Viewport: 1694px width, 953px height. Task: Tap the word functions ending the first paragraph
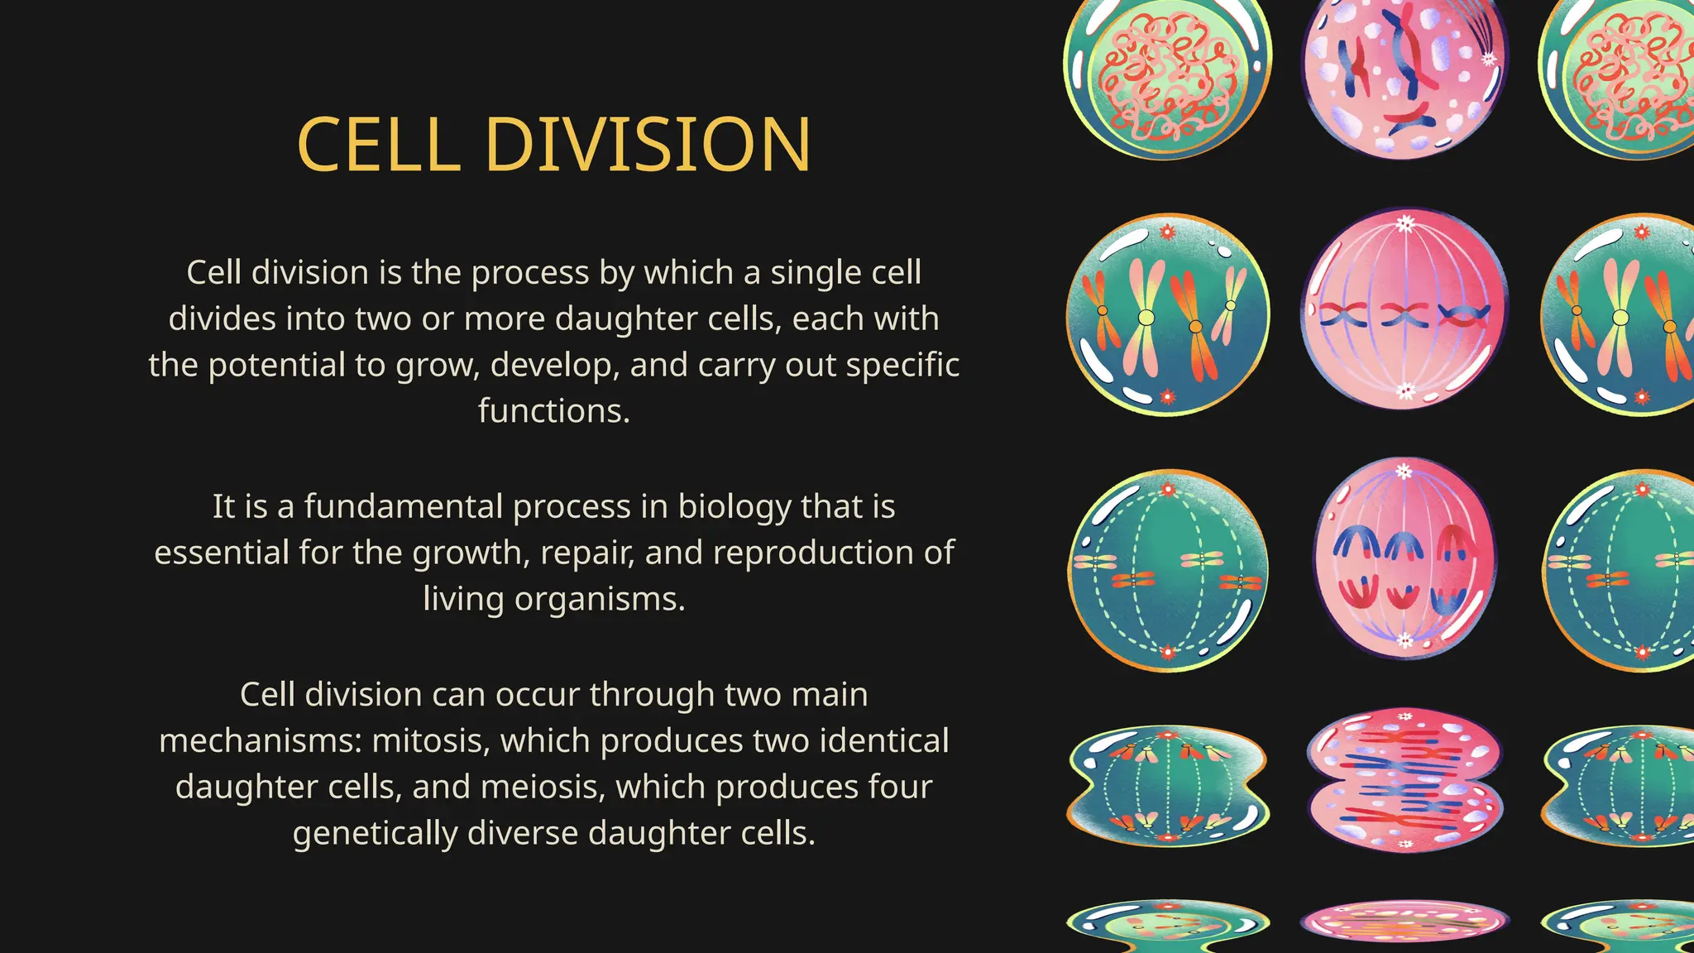(x=553, y=411)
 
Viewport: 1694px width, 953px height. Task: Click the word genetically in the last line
(x=375, y=833)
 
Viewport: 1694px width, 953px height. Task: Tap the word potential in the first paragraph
(x=276, y=365)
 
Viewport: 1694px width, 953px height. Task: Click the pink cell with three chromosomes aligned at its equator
(x=1404, y=309)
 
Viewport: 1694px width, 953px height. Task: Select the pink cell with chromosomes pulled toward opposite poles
(x=1404, y=559)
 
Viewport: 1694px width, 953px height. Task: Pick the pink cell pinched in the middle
(x=1404, y=780)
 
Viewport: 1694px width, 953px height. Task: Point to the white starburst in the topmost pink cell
(x=1488, y=59)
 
